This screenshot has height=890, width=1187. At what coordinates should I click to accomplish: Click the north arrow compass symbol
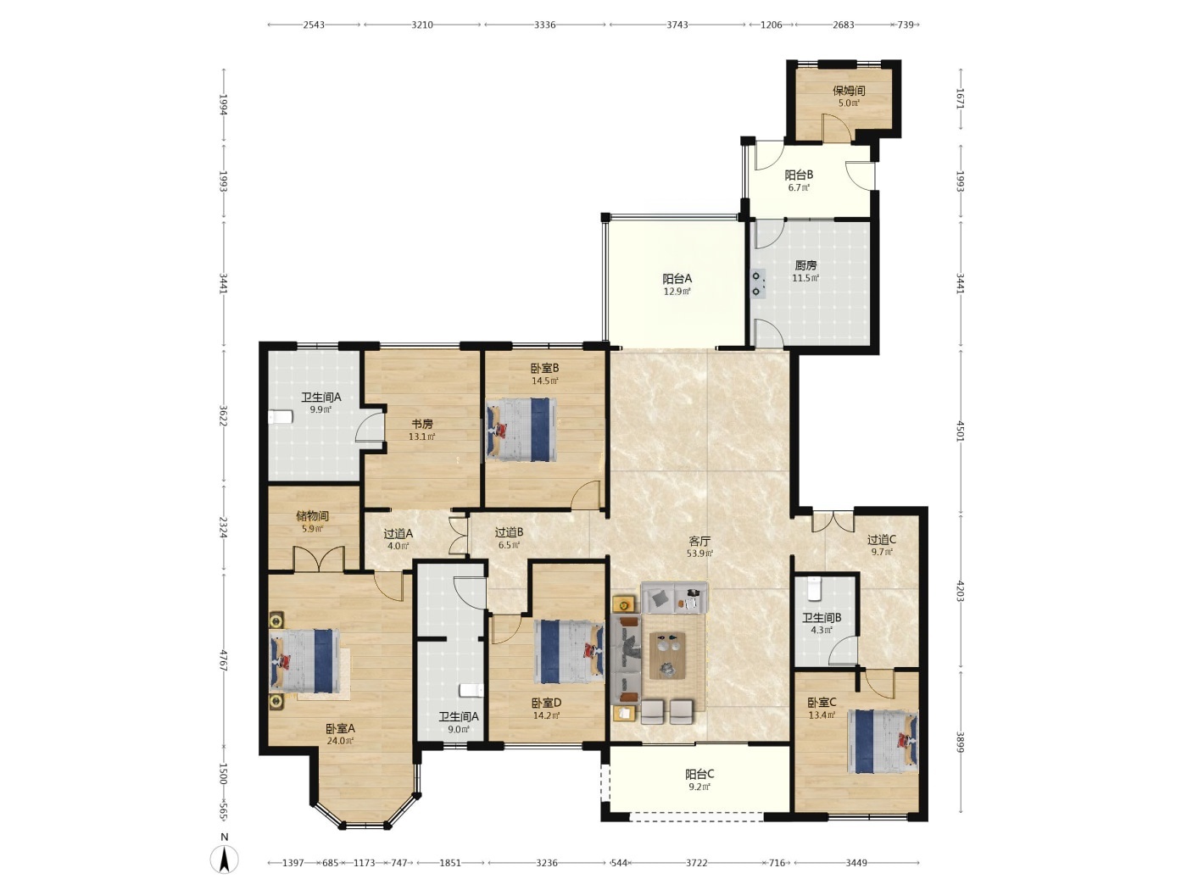click(x=223, y=859)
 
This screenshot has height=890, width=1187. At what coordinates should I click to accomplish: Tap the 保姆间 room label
click(x=849, y=91)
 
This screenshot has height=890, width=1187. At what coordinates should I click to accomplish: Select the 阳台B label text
click(x=799, y=175)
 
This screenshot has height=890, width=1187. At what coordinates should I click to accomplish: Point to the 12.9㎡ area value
click(x=677, y=292)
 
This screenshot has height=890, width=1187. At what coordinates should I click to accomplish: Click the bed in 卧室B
click(x=521, y=430)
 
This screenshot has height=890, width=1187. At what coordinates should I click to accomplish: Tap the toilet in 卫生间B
click(x=815, y=589)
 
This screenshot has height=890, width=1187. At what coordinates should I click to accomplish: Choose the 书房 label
click(x=421, y=424)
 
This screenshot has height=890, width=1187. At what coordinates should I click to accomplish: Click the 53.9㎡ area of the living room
click(x=699, y=553)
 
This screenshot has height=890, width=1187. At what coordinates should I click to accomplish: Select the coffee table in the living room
click(x=667, y=655)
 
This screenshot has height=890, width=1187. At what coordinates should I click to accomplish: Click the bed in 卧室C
click(x=883, y=742)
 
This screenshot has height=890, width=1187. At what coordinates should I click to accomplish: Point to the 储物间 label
click(x=312, y=516)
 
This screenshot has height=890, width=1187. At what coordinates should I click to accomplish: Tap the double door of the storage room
click(x=319, y=559)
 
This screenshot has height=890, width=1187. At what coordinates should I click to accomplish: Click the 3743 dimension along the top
click(x=677, y=25)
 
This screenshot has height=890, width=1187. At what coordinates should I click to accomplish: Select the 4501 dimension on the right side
click(x=961, y=430)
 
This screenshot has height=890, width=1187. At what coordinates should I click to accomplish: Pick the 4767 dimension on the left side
click(x=223, y=660)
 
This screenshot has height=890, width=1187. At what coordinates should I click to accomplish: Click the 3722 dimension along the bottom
click(x=697, y=863)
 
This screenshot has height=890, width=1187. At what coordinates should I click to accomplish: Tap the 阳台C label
click(x=699, y=774)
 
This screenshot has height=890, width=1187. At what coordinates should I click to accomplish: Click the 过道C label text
click(x=882, y=539)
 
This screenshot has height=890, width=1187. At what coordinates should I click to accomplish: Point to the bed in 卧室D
click(x=569, y=652)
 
